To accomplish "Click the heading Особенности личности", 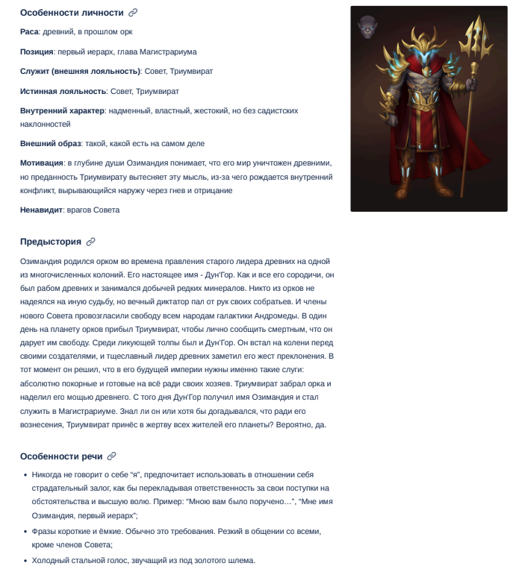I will point(72,13).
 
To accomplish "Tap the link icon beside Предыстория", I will point(91,242).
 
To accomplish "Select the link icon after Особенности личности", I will point(133,13).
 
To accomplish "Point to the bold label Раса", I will point(29,32).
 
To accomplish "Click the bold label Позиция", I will point(37,51).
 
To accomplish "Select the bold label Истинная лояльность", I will point(63,91).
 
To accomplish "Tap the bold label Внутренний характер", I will point(62,110).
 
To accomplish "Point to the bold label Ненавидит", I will point(41,210).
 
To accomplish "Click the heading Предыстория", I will point(50,242).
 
